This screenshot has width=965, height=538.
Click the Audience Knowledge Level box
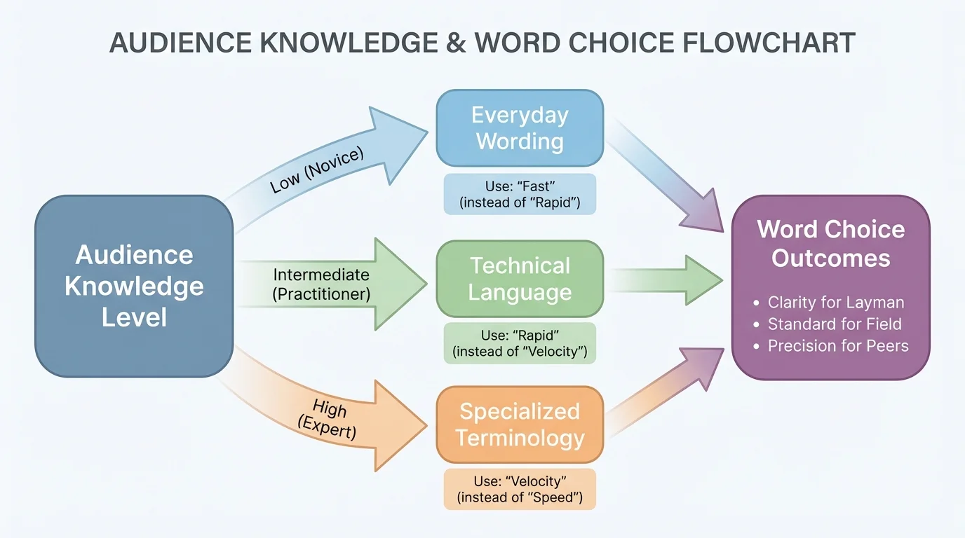click(x=134, y=286)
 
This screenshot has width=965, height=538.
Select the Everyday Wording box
click(x=520, y=128)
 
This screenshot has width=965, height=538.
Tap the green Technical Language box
click(x=520, y=279)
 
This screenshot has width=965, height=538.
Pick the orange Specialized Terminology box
click(x=520, y=425)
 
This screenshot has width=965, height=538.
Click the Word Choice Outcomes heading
click(x=831, y=244)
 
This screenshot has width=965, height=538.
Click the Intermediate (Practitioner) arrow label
click(x=321, y=284)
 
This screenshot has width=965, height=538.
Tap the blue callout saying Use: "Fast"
click(x=520, y=194)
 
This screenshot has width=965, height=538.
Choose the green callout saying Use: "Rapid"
click(x=520, y=343)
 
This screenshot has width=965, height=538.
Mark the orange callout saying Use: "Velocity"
click(x=520, y=489)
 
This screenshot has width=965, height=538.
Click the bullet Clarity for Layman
click(x=836, y=303)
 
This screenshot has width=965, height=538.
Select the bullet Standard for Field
click(x=835, y=324)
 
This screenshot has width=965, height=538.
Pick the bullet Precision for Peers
click(x=838, y=346)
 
